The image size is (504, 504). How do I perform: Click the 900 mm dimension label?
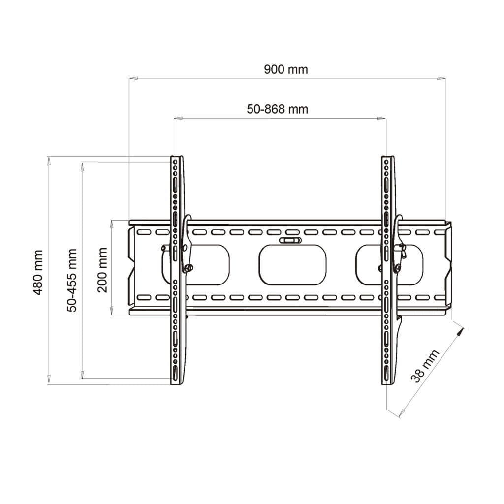(286, 69)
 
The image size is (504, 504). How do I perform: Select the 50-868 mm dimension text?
(278, 109)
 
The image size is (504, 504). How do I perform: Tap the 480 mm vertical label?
(38, 272)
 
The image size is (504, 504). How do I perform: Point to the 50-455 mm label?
(72, 280)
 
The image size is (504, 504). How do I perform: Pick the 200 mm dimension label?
(102, 270)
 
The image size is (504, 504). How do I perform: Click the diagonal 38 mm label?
(425, 366)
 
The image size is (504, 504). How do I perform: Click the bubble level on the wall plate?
(290, 240)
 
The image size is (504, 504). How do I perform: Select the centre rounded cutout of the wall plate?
(292, 265)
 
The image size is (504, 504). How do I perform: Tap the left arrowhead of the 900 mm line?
(133, 78)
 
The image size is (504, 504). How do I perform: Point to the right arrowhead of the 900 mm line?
(441, 78)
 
